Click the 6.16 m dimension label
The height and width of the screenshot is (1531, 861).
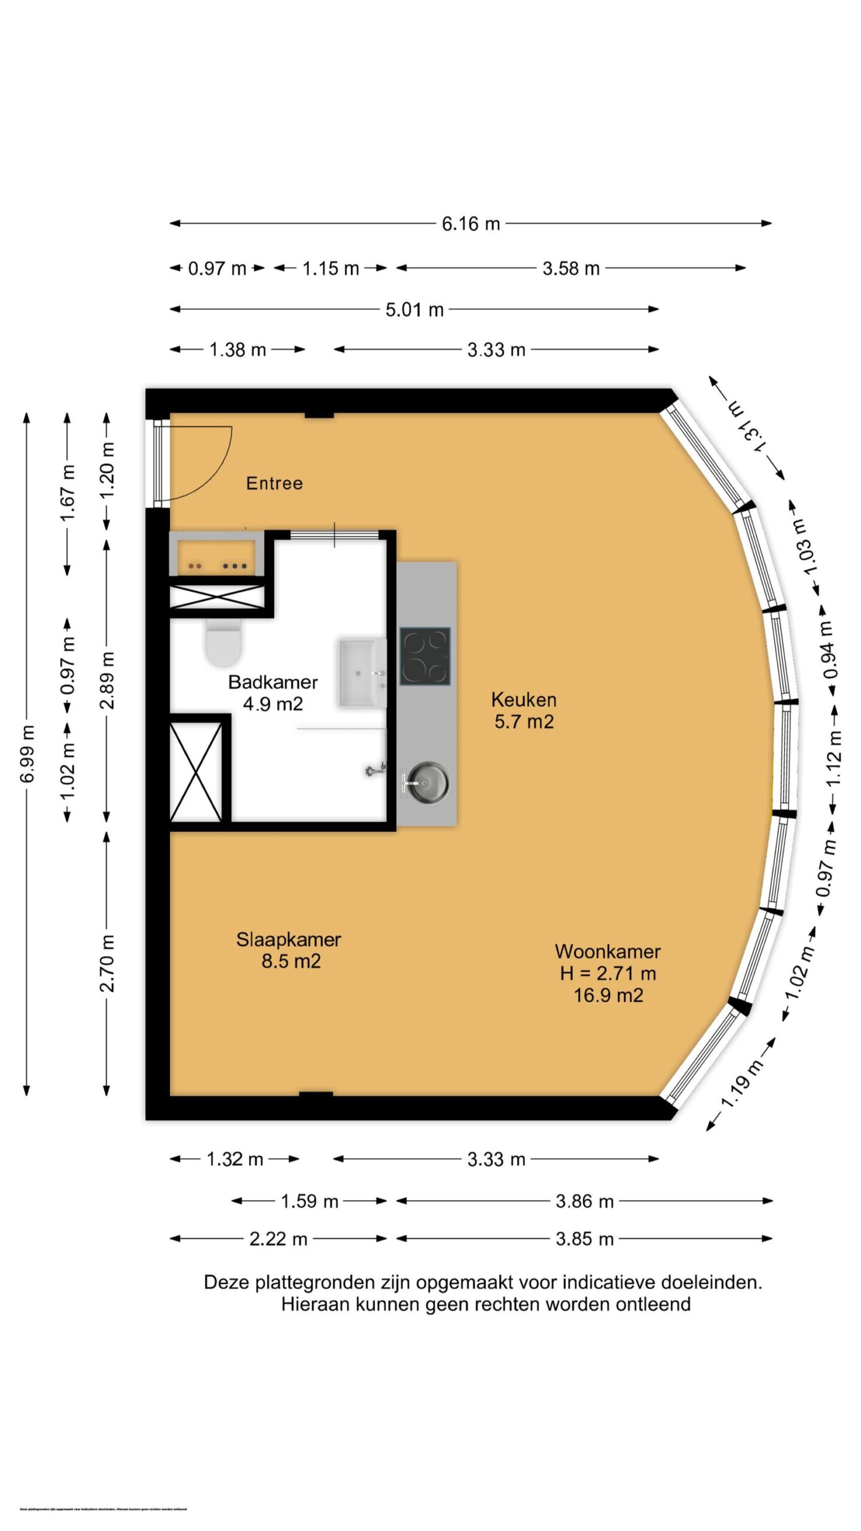[x=471, y=224]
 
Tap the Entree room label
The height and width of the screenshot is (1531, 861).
[x=274, y=483]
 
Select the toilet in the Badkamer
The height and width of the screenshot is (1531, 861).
[x=224, y=643]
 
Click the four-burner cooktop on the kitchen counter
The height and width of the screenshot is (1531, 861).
[x=425, y=656]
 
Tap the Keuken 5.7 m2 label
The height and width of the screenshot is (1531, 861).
[x=524, y=710]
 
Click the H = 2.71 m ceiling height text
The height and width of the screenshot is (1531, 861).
[x=608, y=974]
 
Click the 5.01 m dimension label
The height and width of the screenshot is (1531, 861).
[x=414, y=310]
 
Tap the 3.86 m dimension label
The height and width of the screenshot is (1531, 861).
[x=584, y=1201]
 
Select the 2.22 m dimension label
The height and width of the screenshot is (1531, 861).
[x=278, y=1239]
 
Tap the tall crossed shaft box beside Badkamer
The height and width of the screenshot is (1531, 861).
[x=196, y=771]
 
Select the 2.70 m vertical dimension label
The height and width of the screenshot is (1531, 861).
[x=107, y=963]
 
